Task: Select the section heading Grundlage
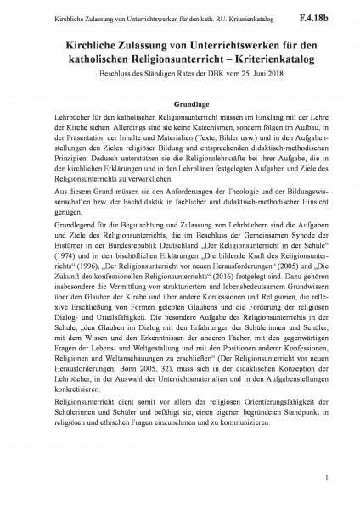point(180,98)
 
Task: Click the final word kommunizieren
point(250,467)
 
